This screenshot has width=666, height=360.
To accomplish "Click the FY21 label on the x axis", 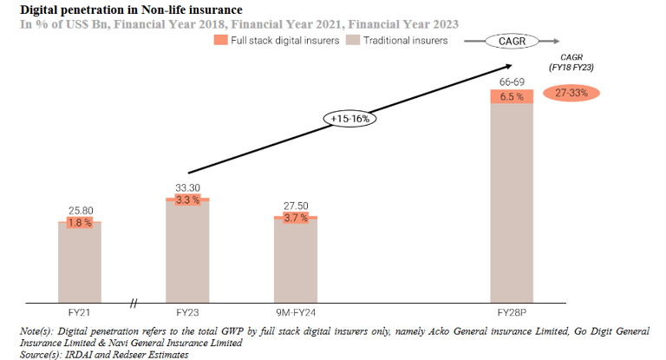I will pyautogui.click(x=80, y=311).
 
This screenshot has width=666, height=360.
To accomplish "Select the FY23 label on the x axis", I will pyautogui.click(x=187, y=311).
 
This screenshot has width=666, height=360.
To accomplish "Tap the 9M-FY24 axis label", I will pyautogui.click(x=296, y=311).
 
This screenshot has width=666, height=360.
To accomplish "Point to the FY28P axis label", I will pyautogui.click(x=512, y=311).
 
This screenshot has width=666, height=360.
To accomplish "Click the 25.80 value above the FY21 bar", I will pyautogui.click(x=80, y=211).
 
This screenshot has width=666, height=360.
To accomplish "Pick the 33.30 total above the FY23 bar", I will pyautogui.click(x=187, y=187).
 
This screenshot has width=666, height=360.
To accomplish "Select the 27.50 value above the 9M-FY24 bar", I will pyautogui.click(x=296, y=206).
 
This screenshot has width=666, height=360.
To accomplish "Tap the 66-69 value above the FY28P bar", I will pyautogui.click(x=512, y=82).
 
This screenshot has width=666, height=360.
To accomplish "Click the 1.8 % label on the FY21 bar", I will pyautogui.click(x=80, y=223).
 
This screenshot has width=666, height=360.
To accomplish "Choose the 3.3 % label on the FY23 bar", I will pyautogui.click(x=187, y=200).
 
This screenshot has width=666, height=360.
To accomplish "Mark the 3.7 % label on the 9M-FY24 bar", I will pyautogui.click(x=296, y=218).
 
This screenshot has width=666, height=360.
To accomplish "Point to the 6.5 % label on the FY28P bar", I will pyautogui.click(x=512, y=96).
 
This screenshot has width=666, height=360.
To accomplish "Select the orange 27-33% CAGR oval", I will pyautogui.click(x=571, y=93).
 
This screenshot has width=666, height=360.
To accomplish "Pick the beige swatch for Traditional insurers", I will pyautogui.click(x=352, y=41).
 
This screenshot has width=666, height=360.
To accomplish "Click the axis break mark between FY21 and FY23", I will pyautogui.click(x=134, y=303).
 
